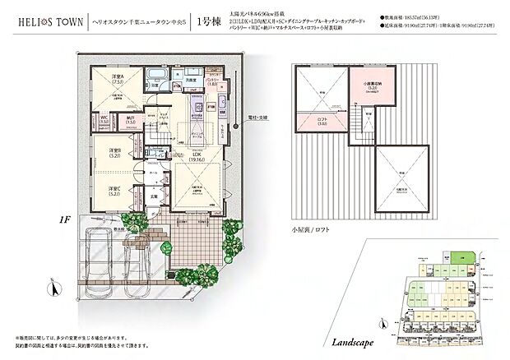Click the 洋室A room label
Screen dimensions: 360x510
(117, 81)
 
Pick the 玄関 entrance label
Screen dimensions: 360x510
(154, 195)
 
